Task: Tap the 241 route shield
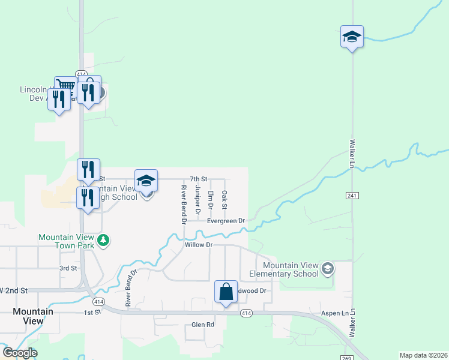pos(352,196)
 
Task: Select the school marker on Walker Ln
pos(352,38)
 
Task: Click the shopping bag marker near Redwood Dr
pos(226,293)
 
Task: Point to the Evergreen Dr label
pos(226,221)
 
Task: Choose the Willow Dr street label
pos(199,245)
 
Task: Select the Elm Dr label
pos(211,199)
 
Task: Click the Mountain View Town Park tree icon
pos(104,240)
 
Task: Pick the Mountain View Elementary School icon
pos(327,268)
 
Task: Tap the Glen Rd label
pos(203,325)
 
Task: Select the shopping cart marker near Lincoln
pos(65,88)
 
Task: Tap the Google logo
pos(19,353)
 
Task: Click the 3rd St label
pos(68,268)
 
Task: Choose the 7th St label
pos(198,179)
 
